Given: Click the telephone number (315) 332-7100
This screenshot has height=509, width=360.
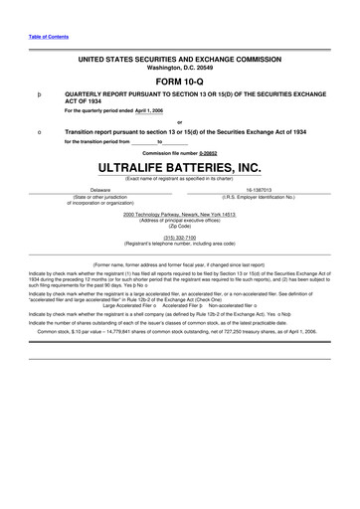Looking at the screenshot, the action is [180, 238].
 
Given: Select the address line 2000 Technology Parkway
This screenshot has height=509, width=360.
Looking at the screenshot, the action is [180, 214].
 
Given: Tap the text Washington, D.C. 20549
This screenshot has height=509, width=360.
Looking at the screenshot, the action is [180, 68].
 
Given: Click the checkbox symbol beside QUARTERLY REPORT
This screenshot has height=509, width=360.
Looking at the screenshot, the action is [38, 93].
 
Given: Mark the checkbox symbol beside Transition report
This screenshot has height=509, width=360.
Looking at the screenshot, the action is [38, 131].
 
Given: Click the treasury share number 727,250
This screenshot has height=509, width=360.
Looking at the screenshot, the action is [237, 330].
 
